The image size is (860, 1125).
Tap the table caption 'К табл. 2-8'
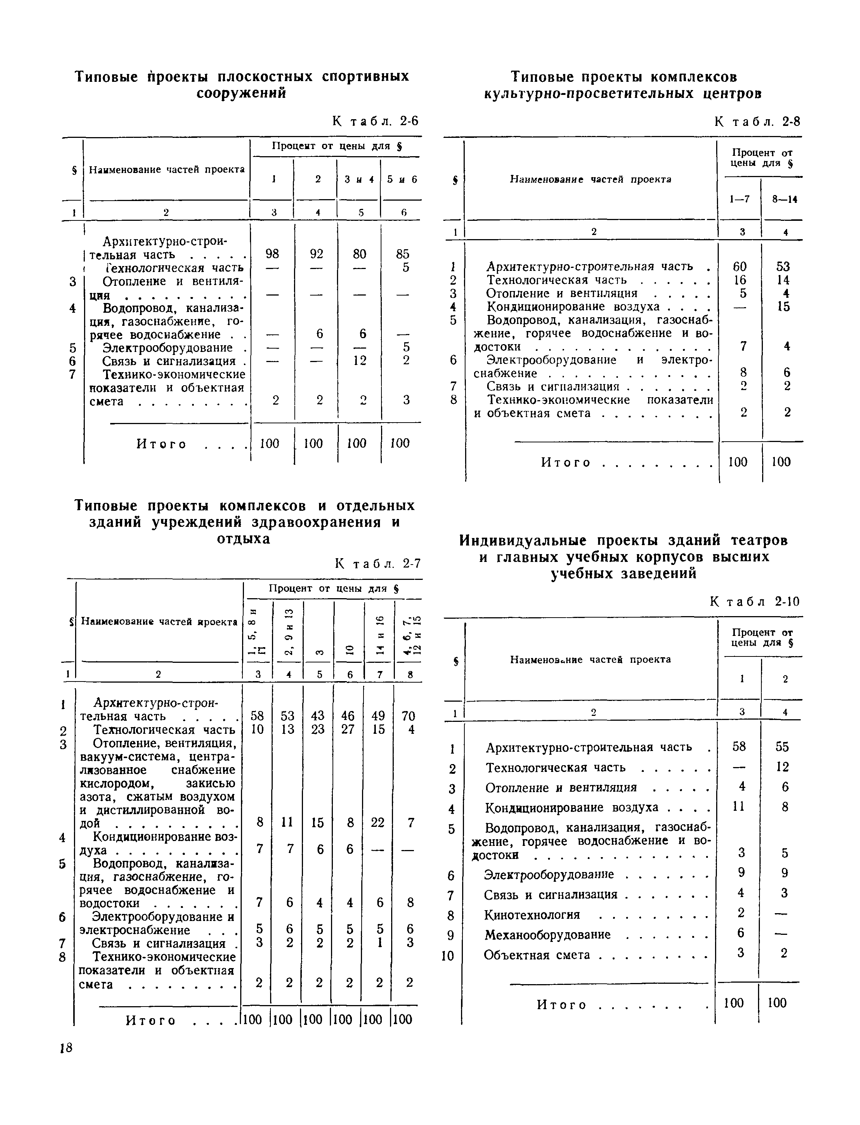tap(757, 122)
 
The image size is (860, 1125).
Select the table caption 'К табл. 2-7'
tap(378, 563)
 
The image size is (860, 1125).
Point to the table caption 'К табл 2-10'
tap(755, 602)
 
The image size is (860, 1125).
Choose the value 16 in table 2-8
tap(740, 280)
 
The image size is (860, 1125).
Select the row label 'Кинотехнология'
tap(532, 915)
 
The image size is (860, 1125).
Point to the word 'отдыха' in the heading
tap(243, 540)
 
